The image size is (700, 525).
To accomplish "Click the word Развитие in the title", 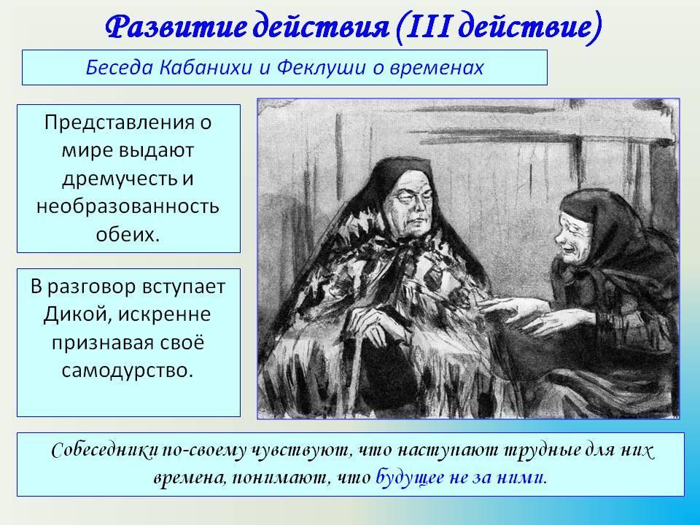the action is click(x=176, y=26).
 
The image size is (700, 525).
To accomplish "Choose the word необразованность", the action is click(x=128, y=206).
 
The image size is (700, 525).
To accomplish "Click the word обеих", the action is click(x=128, y=234).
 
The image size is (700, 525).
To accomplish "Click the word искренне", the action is click(x=165, y=314).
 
